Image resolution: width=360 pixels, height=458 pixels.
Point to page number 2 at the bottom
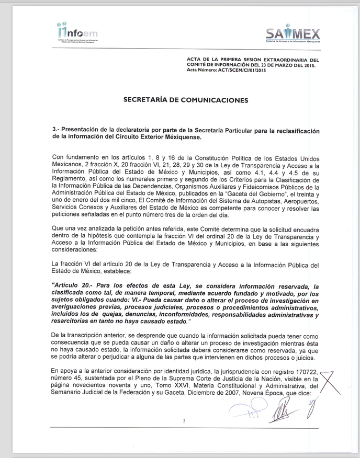pos(184,420)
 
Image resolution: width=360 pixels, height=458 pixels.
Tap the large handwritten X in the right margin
pos(332,384)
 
